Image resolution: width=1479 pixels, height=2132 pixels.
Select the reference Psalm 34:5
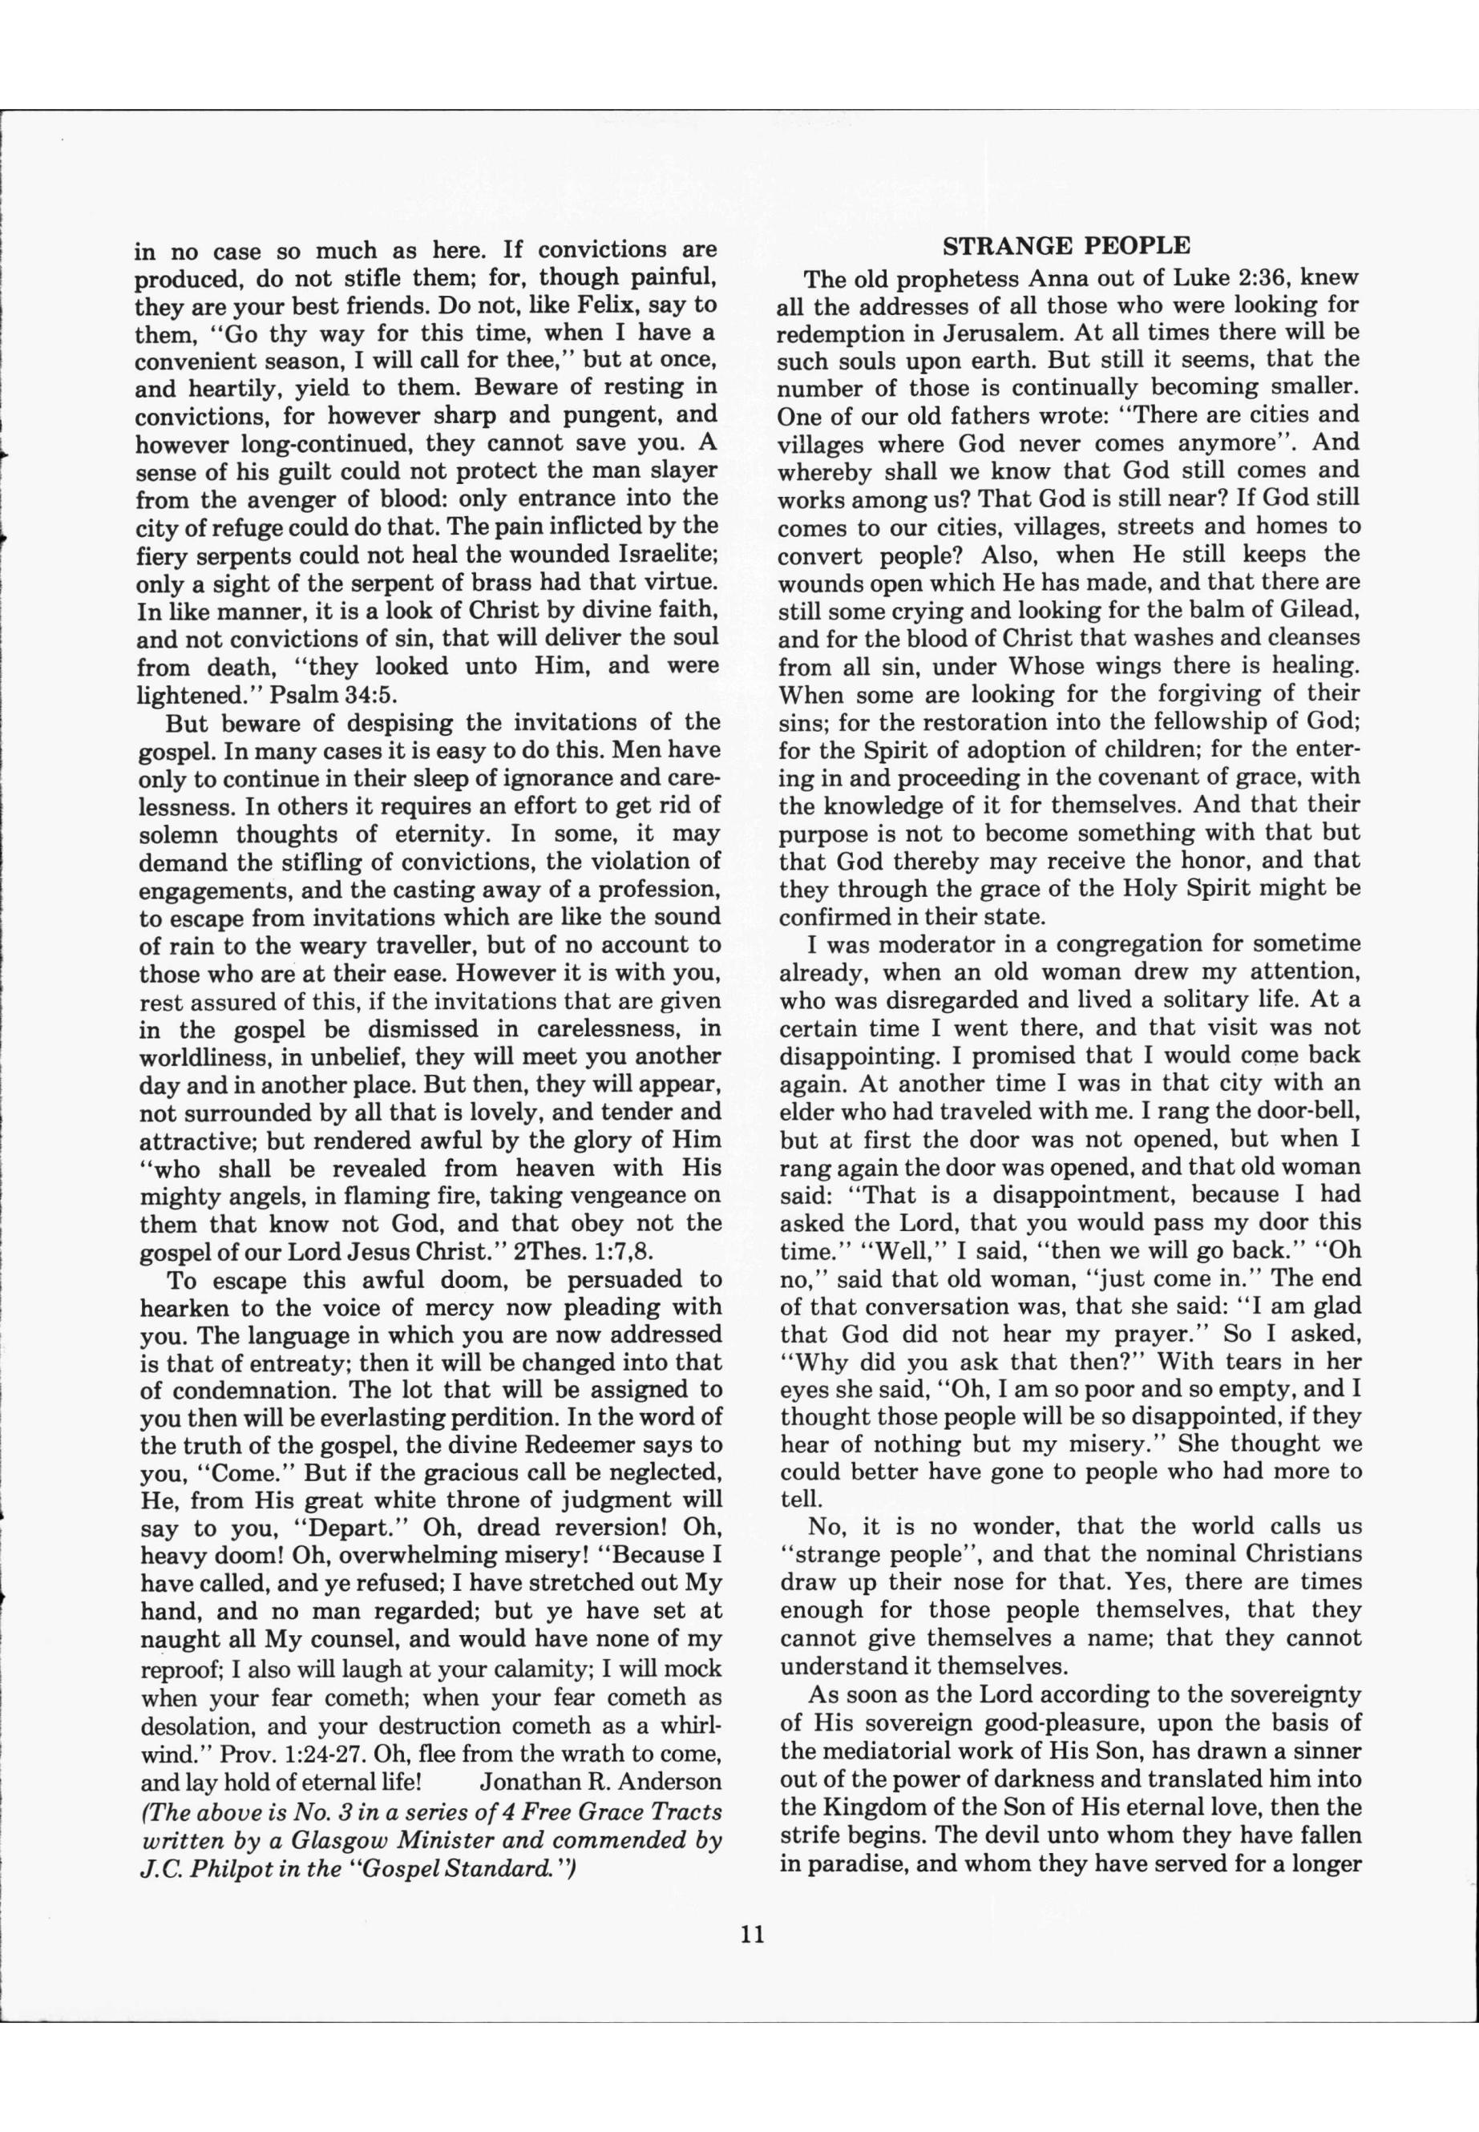[x=333, y=694]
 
